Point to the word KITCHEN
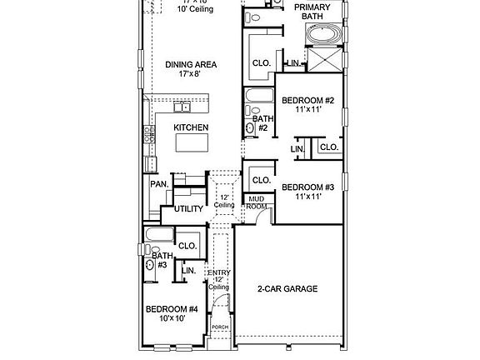pos(190,127)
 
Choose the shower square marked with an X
pos(322,60)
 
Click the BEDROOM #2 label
pos(307,101)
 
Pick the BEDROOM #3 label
pos(307,187)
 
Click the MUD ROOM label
pos(255,202)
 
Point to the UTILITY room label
pos(188,209)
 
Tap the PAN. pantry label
pos(159,184)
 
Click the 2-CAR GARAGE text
pos(287,289)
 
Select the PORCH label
pos(220,327)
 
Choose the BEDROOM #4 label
pos(171,309)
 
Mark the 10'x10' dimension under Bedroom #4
pos(171,319)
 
